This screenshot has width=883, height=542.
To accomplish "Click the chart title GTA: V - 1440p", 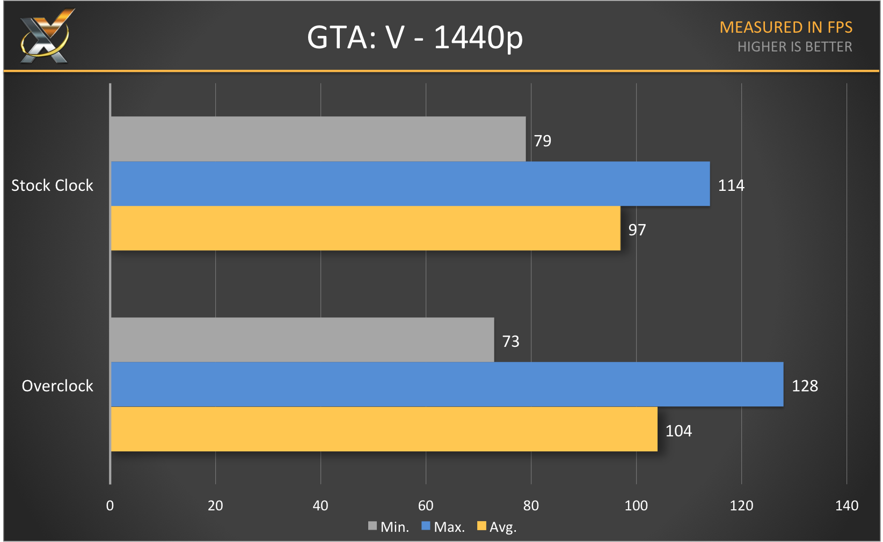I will [x=414, y=38].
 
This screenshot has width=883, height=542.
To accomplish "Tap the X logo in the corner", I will [x=46, y=36].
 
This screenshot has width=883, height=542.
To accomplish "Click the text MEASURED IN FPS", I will [x=785, y=27].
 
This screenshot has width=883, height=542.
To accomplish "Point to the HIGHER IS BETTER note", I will [x=794, y=47].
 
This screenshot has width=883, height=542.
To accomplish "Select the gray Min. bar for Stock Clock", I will [x=318, y=139].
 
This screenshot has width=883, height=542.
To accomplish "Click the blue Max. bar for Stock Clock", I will [x=410, y=184].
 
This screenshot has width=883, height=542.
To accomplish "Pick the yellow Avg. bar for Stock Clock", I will [x=365, y=228].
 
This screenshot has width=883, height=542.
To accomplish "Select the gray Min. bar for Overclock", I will [x=302, y=340].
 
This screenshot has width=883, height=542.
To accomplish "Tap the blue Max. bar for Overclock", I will [x=447, y=384].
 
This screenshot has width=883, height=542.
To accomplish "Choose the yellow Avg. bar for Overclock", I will [x=384, y=429].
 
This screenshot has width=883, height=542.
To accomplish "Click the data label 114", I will [x=731, y=185].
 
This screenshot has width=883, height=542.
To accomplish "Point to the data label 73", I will [x=510, y=341].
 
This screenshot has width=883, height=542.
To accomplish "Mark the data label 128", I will [x=805, y=386].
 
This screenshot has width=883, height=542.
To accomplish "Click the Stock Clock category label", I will [x=52, y=185].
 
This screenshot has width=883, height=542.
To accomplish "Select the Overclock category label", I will [x=57, y=386].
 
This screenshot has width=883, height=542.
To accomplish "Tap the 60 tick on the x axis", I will [x=426, y=506].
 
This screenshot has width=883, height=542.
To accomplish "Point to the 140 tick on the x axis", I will [x=846, y=506].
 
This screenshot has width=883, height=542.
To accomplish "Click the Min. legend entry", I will [x=389, y=527].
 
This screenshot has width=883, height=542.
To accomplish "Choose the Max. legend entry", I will [x=443, y=527].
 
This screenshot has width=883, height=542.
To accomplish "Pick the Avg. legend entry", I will [x=497, y=527].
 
